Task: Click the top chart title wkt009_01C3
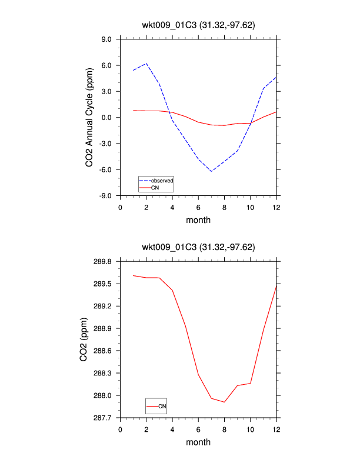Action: click(x=198, y=24)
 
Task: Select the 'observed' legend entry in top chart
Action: click(x=161, y=180)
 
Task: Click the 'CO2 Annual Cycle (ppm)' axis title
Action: click(x=89, y=118)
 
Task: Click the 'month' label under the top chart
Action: click(x=198, y=220)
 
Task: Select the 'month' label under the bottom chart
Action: click(x=198, y=442)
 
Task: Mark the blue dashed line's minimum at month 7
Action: click(x=211, y=171)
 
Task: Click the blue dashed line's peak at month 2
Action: click(x=146, y=63)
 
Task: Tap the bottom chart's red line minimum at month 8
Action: click(x=224, y=402)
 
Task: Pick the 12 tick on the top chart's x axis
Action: click(x=276, y=207)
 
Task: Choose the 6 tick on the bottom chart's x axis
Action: click(x=198, y=430)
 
